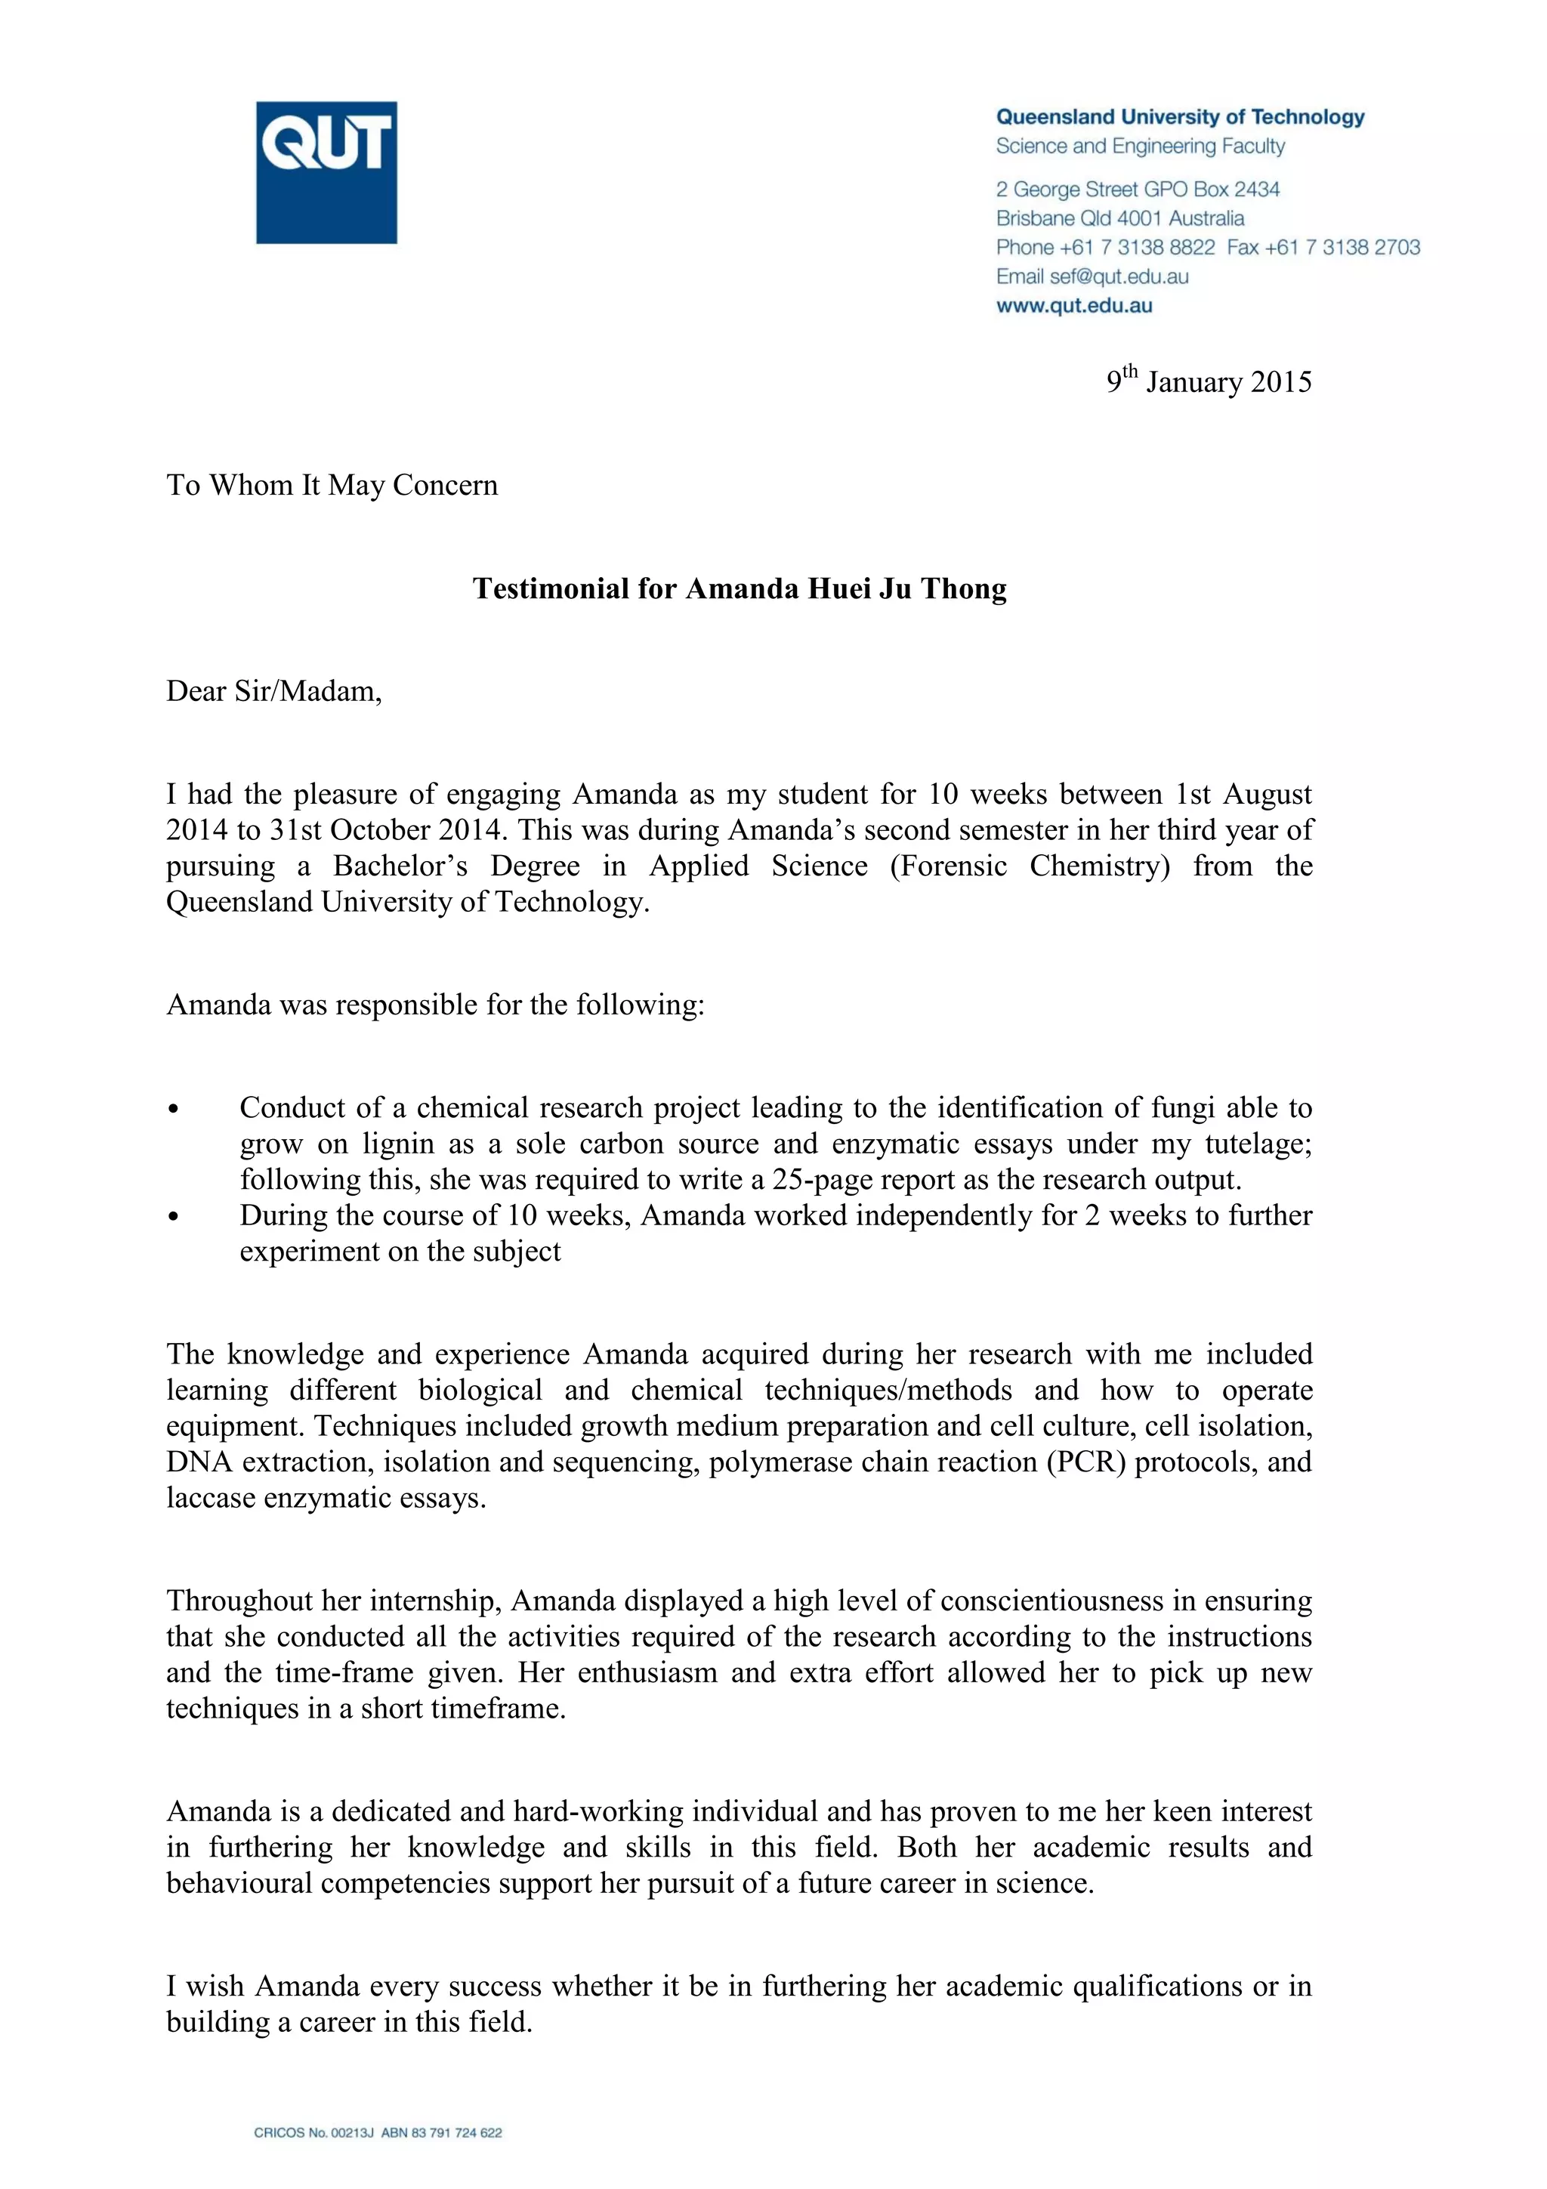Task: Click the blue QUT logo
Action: (x=326, y=172)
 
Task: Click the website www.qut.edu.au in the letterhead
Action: (x=1073, y=306)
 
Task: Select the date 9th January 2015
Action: (x=1208, y=381)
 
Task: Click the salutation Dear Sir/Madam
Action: (x=273, y=691)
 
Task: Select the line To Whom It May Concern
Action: (x=332, y=485)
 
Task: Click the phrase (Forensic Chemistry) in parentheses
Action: (x=1030, y=866)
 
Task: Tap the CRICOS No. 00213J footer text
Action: (x=313, y=2133)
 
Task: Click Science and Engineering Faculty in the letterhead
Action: (x=1140, y=146)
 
